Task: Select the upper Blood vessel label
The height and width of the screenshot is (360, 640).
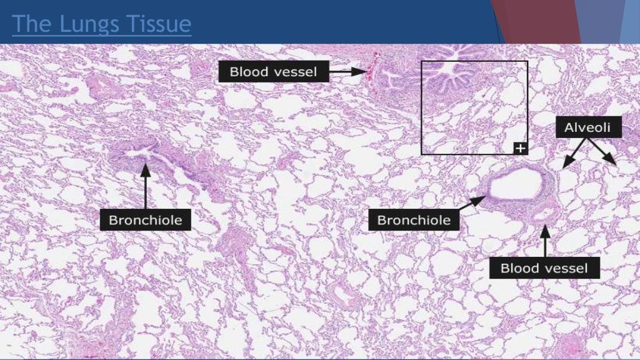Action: (273, 72)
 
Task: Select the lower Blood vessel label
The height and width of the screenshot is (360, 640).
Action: (544, 269)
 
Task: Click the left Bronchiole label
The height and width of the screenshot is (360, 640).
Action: (146, 220)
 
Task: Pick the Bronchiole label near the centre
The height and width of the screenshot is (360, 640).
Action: (414, 220)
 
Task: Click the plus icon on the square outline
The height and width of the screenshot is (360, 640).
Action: (521, 148)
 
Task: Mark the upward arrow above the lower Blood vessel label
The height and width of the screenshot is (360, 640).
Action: (545, 241)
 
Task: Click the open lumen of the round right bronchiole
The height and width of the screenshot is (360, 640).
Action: (515, 185)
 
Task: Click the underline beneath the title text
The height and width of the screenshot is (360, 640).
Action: (101, 36)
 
